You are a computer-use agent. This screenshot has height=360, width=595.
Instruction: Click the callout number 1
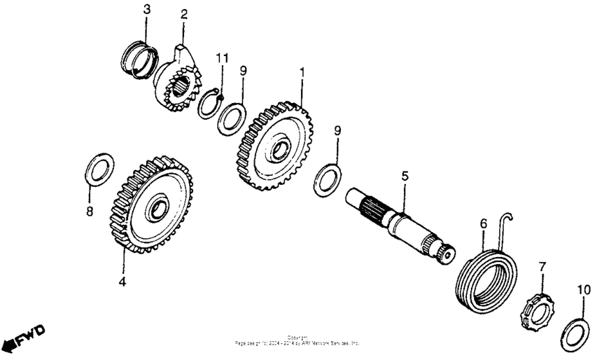point(302,72)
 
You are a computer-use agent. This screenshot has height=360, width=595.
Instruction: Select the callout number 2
point(183,14)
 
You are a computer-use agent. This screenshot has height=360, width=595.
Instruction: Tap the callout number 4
point(122,282)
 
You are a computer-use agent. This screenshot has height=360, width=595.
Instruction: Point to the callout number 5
point(404,175)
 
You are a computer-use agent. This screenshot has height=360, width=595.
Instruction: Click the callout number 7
point(540,268)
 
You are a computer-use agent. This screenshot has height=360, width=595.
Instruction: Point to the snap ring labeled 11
point(209,105)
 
